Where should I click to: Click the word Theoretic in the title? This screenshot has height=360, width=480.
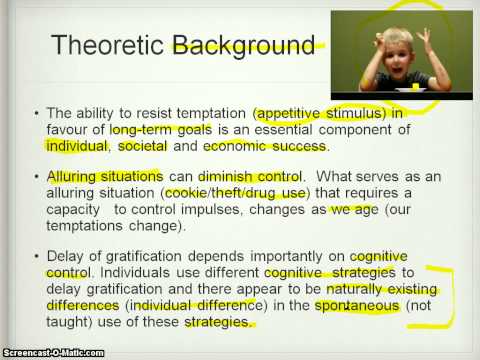pos(109,44)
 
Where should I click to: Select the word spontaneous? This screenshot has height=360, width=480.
pos(361,306)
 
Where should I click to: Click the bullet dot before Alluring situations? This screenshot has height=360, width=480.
pos(37,176)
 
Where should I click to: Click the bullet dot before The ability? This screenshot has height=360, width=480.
pos(37,114)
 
